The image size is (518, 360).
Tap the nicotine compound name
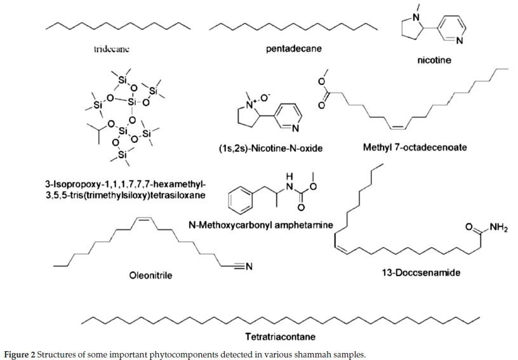click(x=428, y=61)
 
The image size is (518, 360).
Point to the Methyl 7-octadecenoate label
click(x=415, y=147)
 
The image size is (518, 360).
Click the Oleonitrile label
click(x=151, y=275)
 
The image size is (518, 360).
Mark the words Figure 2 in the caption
click(x=21, y=354)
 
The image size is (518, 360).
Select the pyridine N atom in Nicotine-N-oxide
click(x=295, y=128)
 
